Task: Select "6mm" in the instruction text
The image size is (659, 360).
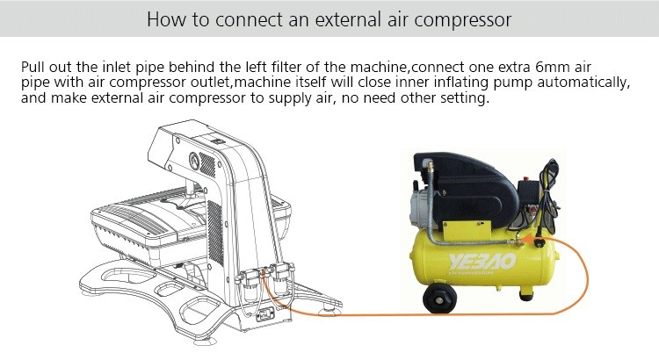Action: pos(553,67)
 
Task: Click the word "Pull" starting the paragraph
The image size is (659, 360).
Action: pos(33,67)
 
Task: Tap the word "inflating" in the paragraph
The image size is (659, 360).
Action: pos(460,83)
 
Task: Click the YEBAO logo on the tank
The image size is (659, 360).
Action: pos(482,263)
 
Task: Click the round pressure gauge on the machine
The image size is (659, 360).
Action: pos(194,161)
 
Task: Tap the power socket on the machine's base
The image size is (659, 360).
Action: pos(264,313)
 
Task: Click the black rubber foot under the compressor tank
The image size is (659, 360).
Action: pos(525,294)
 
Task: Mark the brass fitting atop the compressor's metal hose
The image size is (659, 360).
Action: pos(429,166)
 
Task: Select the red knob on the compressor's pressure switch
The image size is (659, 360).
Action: pos(533,209)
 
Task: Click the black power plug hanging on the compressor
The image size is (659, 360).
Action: pos(539,230)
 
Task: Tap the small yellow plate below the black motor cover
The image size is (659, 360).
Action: pos(467,229)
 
